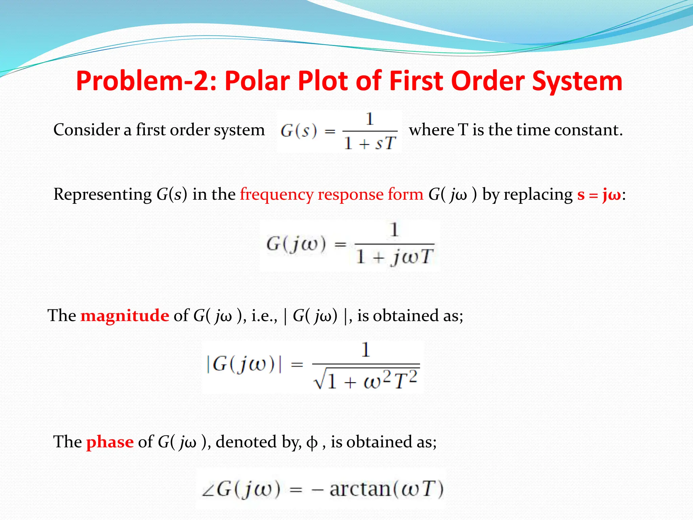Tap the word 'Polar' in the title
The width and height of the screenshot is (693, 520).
click(x=257, y=81)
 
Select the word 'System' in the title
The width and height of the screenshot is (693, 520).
click(x=577, y=81)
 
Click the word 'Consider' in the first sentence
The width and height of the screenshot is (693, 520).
click(x=86, y=130)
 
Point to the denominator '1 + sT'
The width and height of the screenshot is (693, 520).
click(x=370, y=144)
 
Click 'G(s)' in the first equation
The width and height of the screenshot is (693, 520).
click(x=299, y=131)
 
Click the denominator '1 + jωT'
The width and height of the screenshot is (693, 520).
click(x=394, y=257)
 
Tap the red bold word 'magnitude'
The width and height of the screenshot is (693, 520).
click(x=125, y=316)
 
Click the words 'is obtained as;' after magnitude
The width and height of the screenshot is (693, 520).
click(x=410, y=316)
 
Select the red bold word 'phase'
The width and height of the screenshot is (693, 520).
click(x=110, y=442)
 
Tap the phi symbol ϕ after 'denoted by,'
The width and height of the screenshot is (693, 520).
click(x=312, y=442)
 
